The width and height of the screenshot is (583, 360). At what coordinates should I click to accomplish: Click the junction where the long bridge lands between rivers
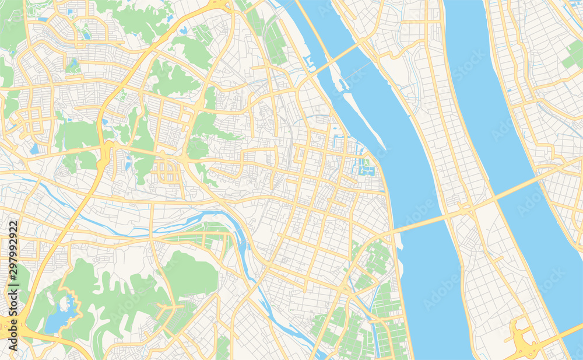(466, 207)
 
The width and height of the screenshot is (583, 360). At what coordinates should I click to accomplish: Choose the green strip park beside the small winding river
(198, 236)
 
